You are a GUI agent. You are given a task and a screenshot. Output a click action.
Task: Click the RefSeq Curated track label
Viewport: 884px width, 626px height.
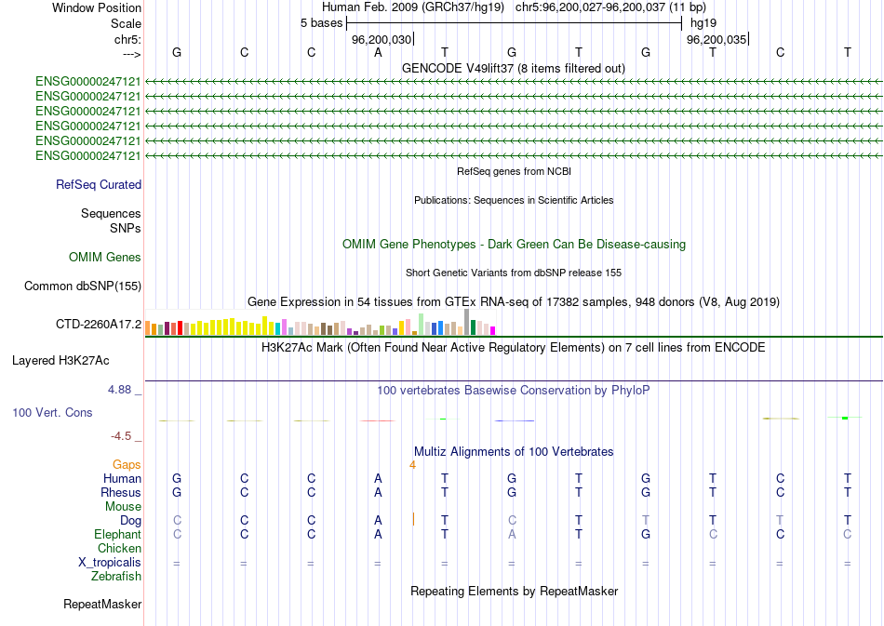(98, 185)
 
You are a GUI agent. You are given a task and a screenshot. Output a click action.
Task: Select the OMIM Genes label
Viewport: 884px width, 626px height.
(104, 258)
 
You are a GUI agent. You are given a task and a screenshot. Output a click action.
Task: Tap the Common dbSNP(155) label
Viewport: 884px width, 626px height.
(82, 286)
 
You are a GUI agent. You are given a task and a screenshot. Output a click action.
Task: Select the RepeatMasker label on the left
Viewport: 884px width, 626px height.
(102, 605)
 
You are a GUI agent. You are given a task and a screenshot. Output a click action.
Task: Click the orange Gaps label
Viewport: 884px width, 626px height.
(127, 464)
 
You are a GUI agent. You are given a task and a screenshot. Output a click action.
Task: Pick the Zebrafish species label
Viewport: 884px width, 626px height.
(116, 577)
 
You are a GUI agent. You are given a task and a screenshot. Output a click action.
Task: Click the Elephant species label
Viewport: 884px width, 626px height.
(117, 535)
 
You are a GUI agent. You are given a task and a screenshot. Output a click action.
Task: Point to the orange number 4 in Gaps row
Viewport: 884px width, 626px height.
(411, 464)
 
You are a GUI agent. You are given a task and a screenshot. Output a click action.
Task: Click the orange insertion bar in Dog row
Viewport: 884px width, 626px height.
(412, 519)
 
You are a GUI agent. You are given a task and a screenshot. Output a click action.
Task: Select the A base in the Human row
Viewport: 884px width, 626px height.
(378, 478)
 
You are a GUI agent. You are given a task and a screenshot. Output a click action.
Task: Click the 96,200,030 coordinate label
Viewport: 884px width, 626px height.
(381, 40)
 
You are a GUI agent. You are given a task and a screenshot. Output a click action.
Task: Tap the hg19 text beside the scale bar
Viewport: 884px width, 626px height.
(702, 22)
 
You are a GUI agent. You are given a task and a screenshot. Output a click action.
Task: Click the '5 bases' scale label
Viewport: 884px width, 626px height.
(321, 22)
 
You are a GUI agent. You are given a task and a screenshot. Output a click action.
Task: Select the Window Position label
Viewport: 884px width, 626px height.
(97, 7)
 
